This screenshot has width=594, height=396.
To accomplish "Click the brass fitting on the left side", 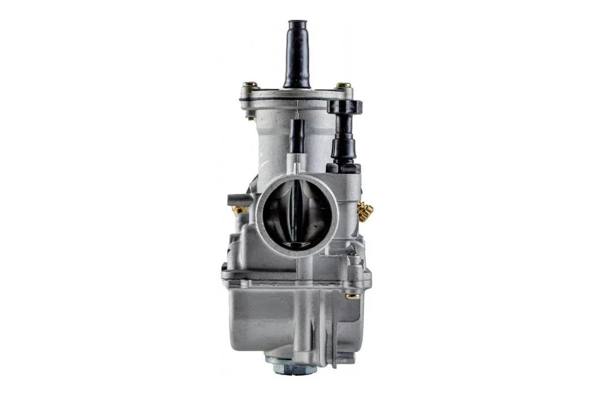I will (240, 210).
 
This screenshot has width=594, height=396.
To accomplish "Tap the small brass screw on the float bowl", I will (353, 297).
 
